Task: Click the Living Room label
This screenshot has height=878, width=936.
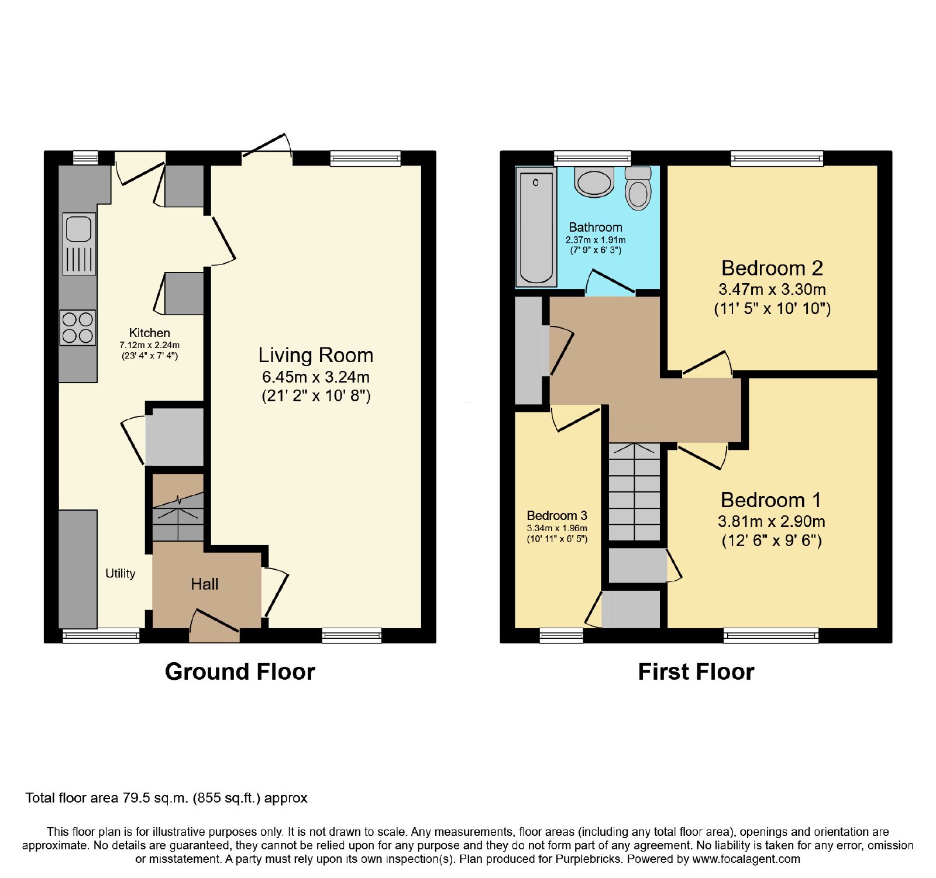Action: pos(316,355)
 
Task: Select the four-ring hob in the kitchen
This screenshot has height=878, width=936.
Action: pos(78,328)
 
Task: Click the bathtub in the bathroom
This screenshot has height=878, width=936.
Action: pos(536,227)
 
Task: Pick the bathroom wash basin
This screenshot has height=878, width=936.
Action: pos(594,181)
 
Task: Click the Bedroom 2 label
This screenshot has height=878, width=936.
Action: pos(772,268)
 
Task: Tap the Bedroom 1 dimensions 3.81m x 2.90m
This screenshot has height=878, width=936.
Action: pos(772,521)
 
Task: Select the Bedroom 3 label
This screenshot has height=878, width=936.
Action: pos(557,515)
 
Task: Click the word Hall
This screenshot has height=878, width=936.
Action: pos(205,584)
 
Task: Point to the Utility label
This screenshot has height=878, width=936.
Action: pos(121,573)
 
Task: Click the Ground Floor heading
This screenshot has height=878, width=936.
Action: pos(240,672)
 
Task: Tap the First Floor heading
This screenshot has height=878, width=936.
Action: pos(696,672)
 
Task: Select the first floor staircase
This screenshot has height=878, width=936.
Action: pos(635,492)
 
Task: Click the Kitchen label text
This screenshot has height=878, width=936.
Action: pos(150,333)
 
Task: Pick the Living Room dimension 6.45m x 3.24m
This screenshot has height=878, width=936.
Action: pos(316,377)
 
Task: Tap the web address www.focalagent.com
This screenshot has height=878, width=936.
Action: pos(746,859)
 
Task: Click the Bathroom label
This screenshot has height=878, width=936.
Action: pos(596,227)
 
